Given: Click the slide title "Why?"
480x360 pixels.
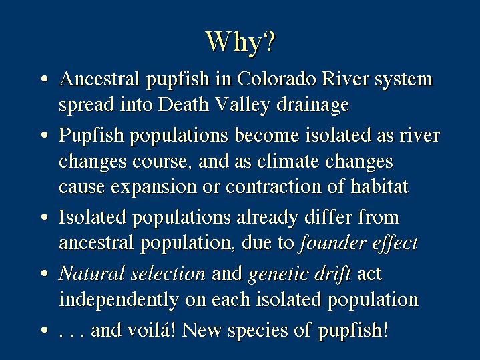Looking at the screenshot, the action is coord(241,42).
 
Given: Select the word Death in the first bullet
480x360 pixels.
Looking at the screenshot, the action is coord(184,104).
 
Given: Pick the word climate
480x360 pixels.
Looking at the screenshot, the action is coord(288,161).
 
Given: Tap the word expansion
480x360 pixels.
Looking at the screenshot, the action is coord(154,187).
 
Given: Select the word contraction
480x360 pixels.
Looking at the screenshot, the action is coord(274,186).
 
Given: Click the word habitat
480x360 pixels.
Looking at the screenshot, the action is coord(380,186).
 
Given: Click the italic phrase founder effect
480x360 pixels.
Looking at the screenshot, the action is coord(358,243).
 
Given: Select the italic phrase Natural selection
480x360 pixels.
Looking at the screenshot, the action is coord(132,273).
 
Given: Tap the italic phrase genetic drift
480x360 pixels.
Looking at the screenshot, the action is coord(300,275).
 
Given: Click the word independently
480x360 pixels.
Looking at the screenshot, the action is coord(119,300).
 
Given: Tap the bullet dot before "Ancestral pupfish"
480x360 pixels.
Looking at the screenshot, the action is coord(45,79).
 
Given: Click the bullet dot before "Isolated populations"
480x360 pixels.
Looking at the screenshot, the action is coord(45,217).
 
